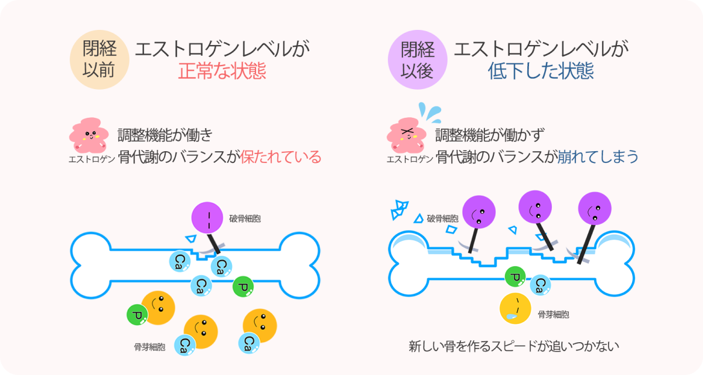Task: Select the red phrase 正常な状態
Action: click(222, 71)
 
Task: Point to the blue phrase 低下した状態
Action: click(540, 71)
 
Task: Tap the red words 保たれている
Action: click(281, 158)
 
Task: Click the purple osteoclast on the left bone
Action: click(209, 217)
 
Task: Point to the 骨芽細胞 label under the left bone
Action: click(149, 347)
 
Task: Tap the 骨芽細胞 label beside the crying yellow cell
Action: click(554, 315)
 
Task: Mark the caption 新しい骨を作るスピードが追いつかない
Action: click(514, 346)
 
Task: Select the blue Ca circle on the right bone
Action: click(541, 285)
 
